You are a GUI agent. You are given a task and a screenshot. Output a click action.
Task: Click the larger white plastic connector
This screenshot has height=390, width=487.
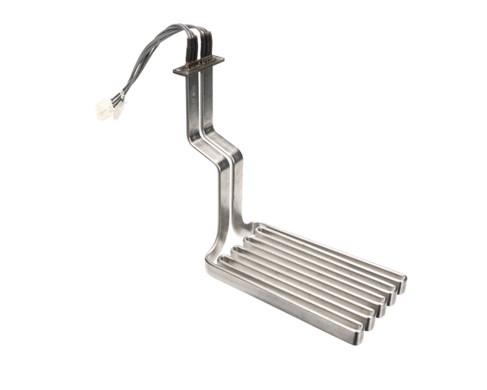pyautogui.click(x=103, y=109)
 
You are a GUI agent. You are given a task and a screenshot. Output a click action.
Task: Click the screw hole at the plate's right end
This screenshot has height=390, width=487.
pyautogui.click(x=218, y=59)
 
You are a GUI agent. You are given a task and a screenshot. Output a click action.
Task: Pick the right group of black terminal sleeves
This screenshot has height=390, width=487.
pyautogui.click(x=208, y=46)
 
